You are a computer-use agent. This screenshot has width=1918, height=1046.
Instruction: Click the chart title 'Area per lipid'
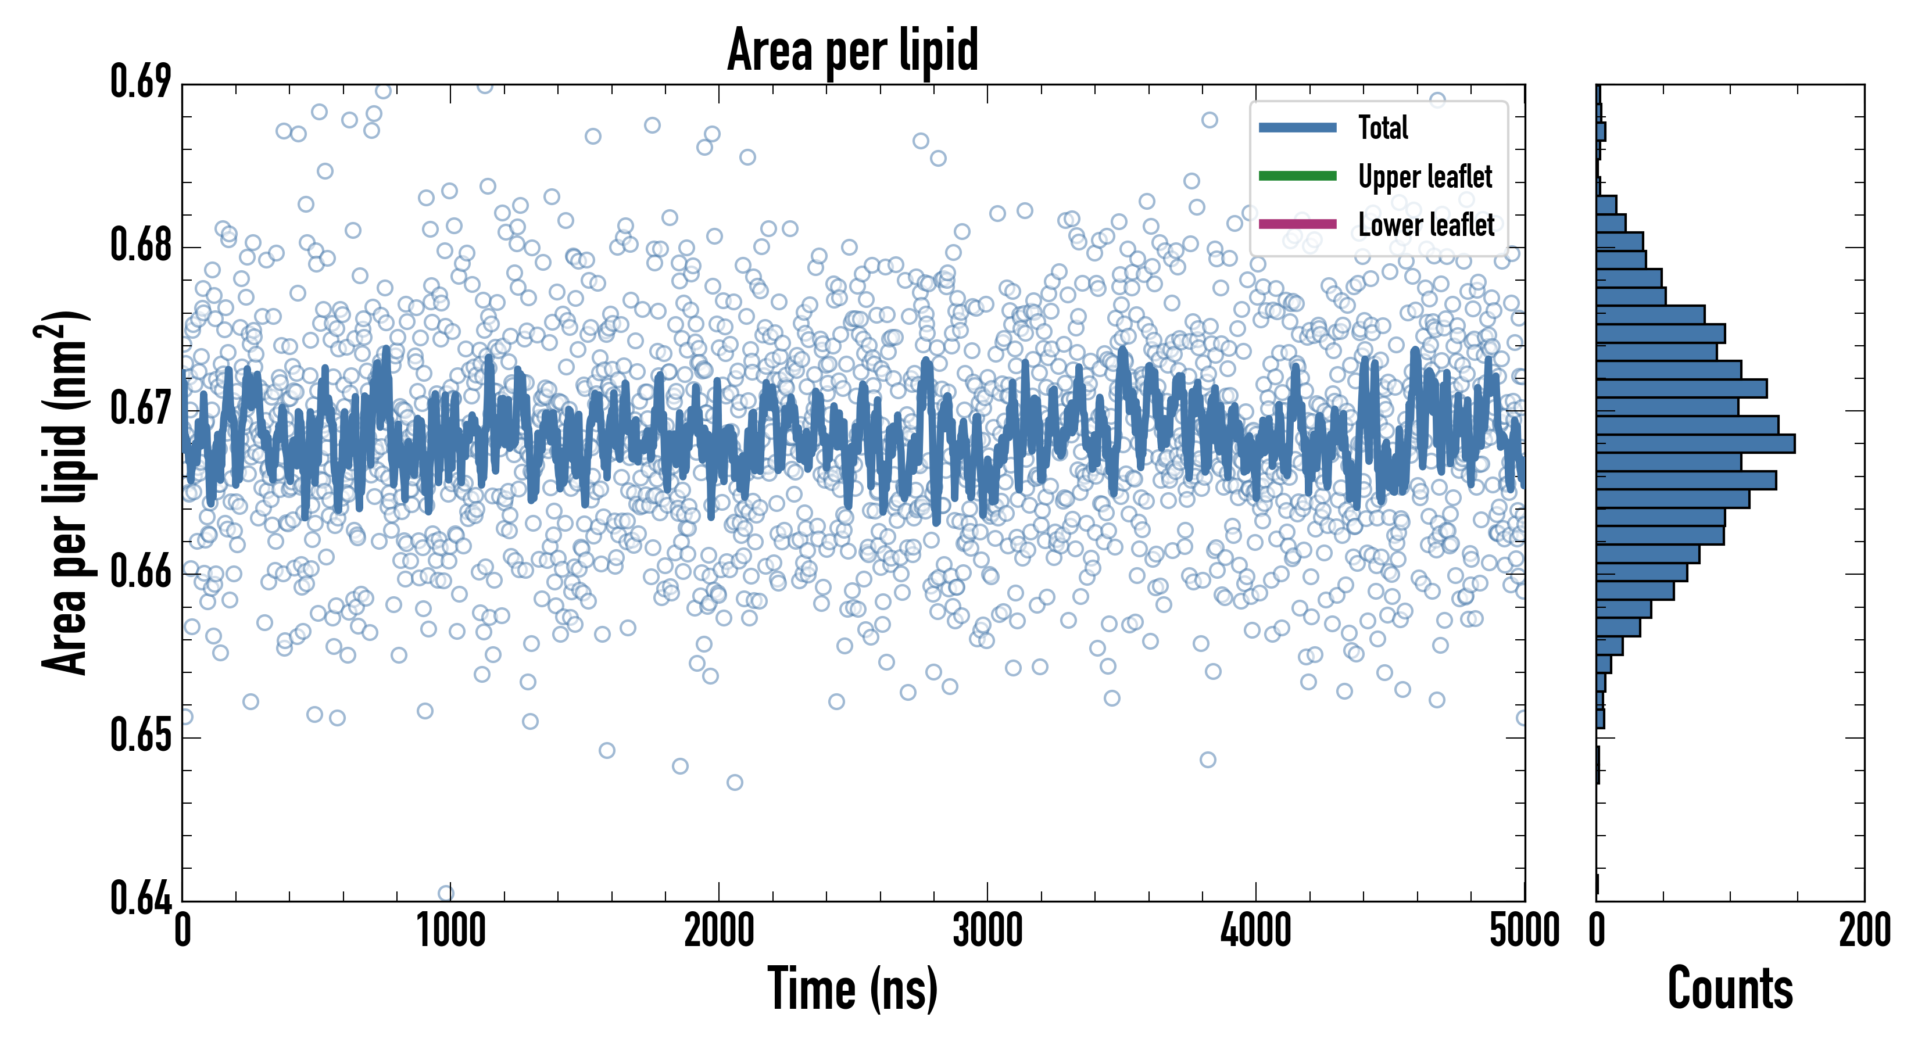[x=853, y=50]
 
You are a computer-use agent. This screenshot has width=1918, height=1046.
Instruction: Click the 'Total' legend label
[x=1383, y=127]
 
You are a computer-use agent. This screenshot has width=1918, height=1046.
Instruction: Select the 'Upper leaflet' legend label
[x=1425, y=177]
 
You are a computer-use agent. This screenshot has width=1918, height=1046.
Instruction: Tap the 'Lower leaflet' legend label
[x=1426, y=225]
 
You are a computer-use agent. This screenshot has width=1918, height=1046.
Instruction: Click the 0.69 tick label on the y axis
[x=140, y=82]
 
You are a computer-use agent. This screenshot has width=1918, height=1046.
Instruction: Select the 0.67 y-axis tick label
[x=140, y=409]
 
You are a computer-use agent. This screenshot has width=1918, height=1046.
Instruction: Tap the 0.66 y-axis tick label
[x=140, y=572]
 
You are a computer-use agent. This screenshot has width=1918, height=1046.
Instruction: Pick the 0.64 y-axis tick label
[x=140, y=898]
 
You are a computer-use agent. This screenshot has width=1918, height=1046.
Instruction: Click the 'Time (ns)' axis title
[x=853, y=988]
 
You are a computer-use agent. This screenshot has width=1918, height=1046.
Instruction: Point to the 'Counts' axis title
[x=1730, y=988]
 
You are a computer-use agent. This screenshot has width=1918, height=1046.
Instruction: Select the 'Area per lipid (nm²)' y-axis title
[x=63, y=492]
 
